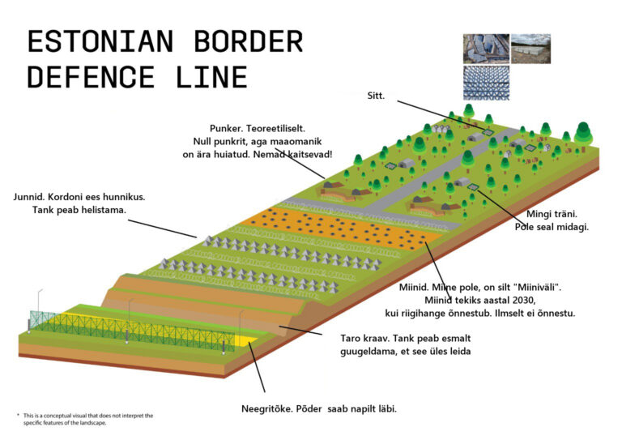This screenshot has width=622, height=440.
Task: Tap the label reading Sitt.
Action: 374,96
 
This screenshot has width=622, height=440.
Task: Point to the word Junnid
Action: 32,196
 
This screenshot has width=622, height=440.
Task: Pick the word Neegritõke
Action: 269,408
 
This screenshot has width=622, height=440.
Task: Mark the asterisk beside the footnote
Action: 19,415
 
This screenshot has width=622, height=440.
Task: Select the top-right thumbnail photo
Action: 530,48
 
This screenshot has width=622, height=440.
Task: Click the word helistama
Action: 110,211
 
